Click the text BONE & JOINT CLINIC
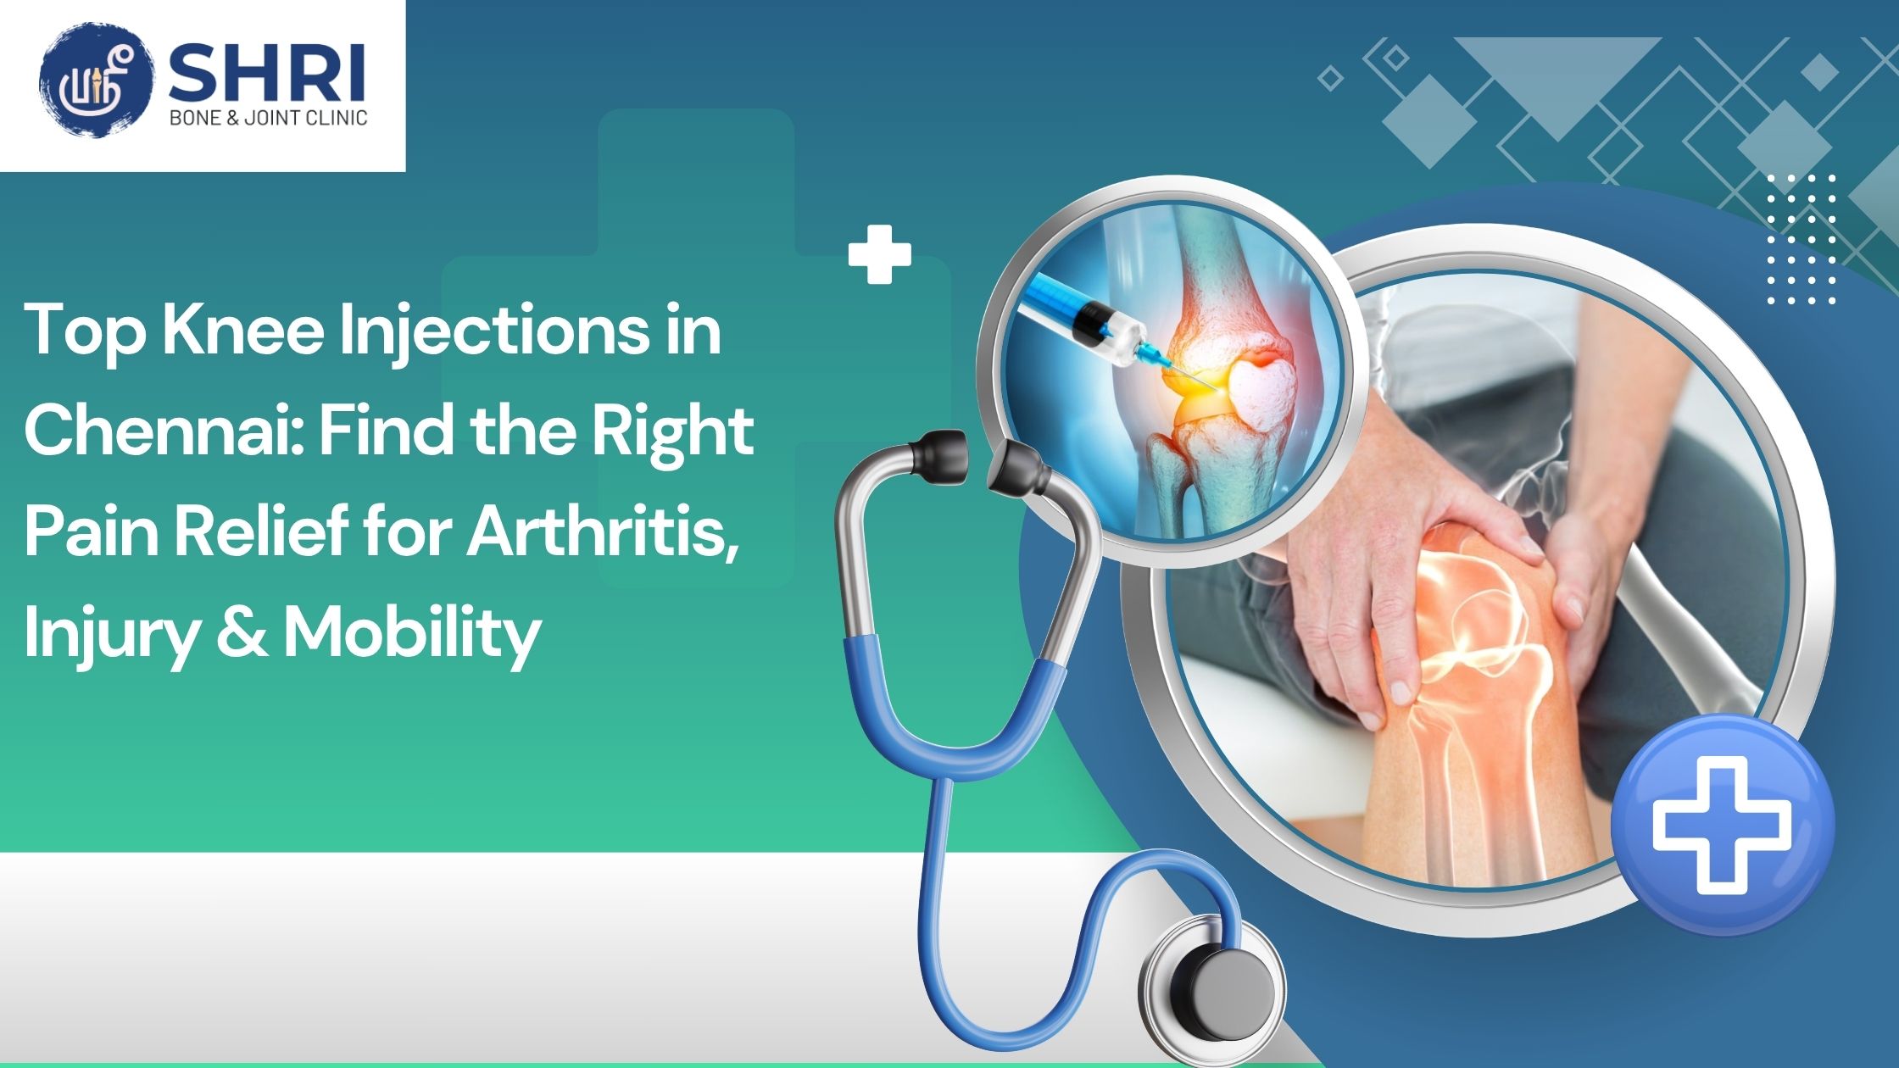269,118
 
